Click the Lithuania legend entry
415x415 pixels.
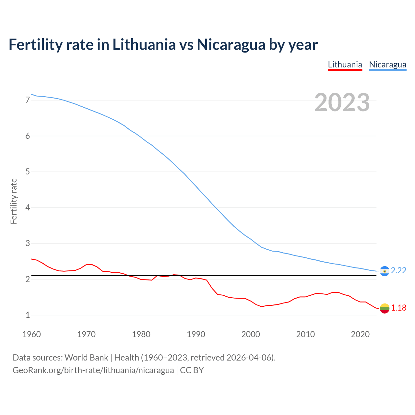[x=345, y=65]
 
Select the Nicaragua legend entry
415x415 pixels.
[x=387, y=65]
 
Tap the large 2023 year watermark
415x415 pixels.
[x=342, y=102]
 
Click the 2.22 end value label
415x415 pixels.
[x=398, y=271]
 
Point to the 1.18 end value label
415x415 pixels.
[x=398, y=308]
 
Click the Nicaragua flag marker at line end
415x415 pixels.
[x=385, y=271]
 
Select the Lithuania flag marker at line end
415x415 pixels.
[x=385, y=308]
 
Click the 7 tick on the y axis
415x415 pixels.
[x=28, y=100]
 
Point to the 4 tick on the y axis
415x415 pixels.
[x=28, y=207]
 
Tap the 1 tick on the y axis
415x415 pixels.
[x=28, y=315]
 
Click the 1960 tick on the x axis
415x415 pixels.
[x=31, y=334]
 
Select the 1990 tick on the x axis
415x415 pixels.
[x=196, y=334]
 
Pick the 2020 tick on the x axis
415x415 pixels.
[x=360, y=334]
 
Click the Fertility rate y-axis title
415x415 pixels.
[x=14, y=201]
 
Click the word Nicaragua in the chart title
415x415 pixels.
[x=231, y=45]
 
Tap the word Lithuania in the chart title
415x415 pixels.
[x=144, y=45]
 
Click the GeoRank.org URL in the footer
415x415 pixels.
[x=93, y=370]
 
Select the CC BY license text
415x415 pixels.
[x=192, y=370]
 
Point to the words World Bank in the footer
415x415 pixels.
[x=86, y=358]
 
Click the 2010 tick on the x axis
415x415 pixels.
[x=305, y=334]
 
